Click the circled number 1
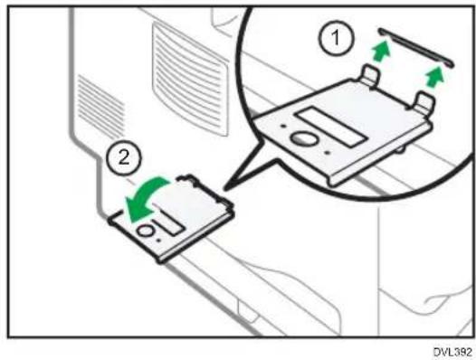[x=336, y=38]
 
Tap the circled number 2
[x=124, y=158]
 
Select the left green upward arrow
[x=381, y=51]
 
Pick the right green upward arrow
[x=435, y=78]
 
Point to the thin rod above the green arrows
[x=416, y=47]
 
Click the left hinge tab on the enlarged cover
[x=371, y=76]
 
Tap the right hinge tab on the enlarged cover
[x=424, y=103]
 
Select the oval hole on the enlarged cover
[x=304, y=139]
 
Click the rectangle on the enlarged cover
[x=331, y=127]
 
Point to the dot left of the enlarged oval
[x=283, y=126]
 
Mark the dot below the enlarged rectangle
[x=327, y=153]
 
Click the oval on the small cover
[x=146, y=231]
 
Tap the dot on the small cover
[x=158, y=241]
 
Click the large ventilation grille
[x=189, y=79]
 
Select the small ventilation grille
[x=100, y=106]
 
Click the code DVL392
[x=453, y=352]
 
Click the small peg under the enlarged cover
[x=400, y=148]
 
